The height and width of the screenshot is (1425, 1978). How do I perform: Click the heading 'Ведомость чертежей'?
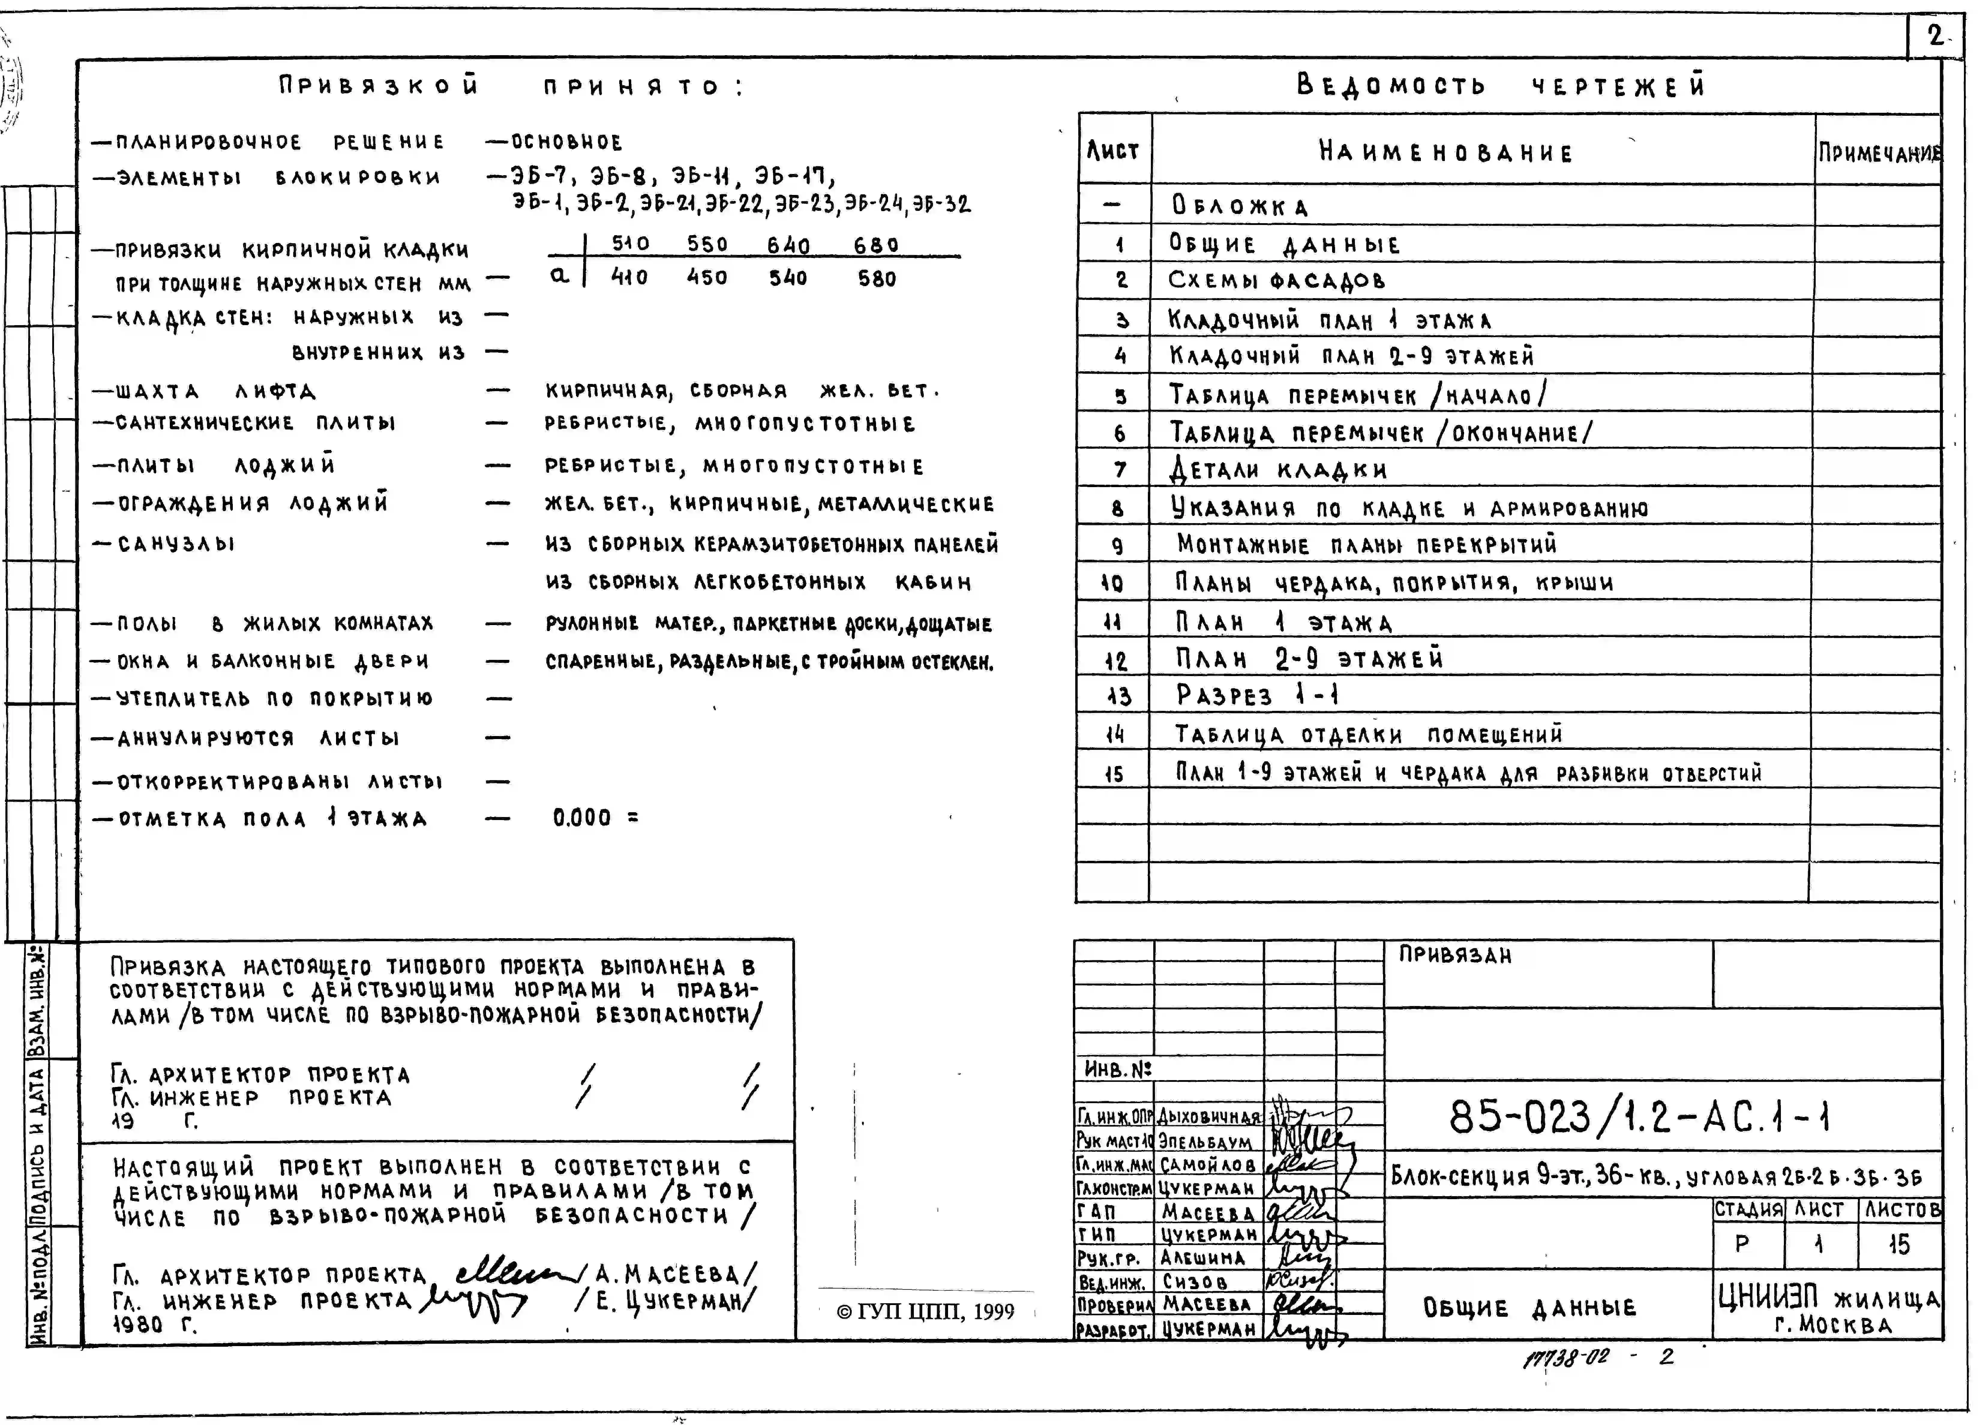1500,85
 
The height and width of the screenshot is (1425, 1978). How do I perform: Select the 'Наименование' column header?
1445,153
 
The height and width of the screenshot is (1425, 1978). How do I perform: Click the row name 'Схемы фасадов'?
1276,281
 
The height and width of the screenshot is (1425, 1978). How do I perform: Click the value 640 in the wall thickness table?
788,245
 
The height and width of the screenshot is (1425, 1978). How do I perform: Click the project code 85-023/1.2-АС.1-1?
1640,1117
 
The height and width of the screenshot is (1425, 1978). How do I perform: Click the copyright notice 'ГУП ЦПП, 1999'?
926,1312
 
